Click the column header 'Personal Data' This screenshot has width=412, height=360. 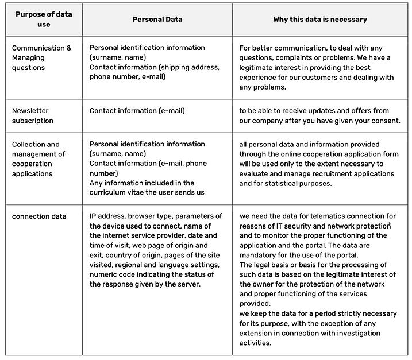tap(157, 19)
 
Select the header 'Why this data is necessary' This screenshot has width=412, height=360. tap(320, 19)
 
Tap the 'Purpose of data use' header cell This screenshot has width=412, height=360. tap(43, 19)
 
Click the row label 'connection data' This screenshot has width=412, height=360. tap(39, 216)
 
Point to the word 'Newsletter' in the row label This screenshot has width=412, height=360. tap(30, 111)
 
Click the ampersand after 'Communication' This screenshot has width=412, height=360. tap(69, 48)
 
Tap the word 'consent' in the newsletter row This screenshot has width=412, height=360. tap(384, 121)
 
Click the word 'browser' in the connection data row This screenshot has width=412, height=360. tap(140, 216)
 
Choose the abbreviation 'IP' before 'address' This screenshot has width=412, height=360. tap(94, 216)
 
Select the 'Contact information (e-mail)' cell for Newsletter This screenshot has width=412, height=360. tap(137, 111)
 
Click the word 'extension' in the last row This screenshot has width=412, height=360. tap(257, 333)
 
